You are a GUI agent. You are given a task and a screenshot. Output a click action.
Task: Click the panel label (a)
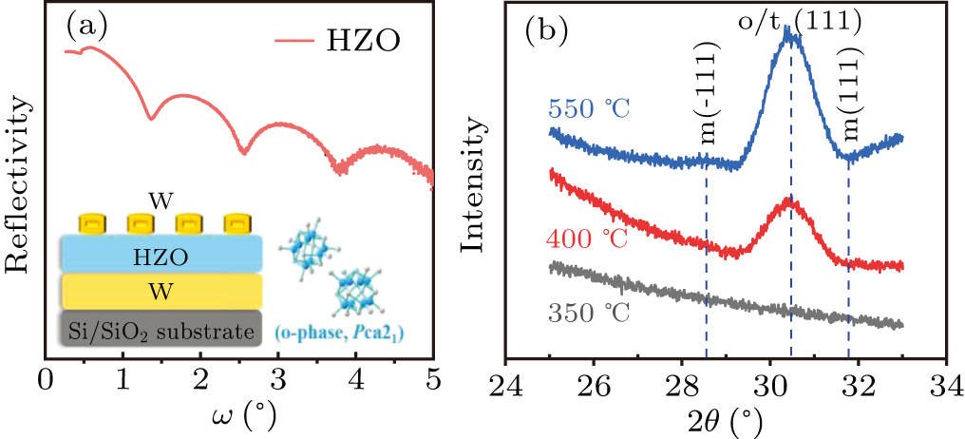point(85,29)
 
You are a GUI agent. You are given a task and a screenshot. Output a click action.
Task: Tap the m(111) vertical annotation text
point(849,109)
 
